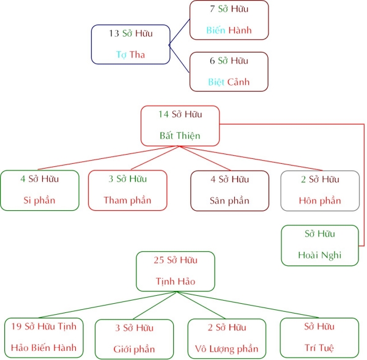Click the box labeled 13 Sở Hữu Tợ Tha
(130, 44)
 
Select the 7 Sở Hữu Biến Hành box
(229, 20)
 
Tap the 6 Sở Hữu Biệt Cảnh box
(229, 71)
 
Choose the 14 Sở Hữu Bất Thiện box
(180, 125)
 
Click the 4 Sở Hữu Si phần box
(40, 190)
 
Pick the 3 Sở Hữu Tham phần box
(127, 190)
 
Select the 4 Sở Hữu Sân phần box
(229, 190)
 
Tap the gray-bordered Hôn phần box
(320, 190)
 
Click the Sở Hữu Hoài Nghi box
(320, 245)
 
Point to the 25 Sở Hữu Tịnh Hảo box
(176, 271)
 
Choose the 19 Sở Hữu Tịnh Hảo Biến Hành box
(44, 338)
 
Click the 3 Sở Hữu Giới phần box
(135, 339)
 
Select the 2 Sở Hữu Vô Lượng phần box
(228, 339)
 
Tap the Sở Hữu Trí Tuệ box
(319, 338)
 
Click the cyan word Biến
(216, 30)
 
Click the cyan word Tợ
(120, 55)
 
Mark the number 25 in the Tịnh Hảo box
(159, 260)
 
